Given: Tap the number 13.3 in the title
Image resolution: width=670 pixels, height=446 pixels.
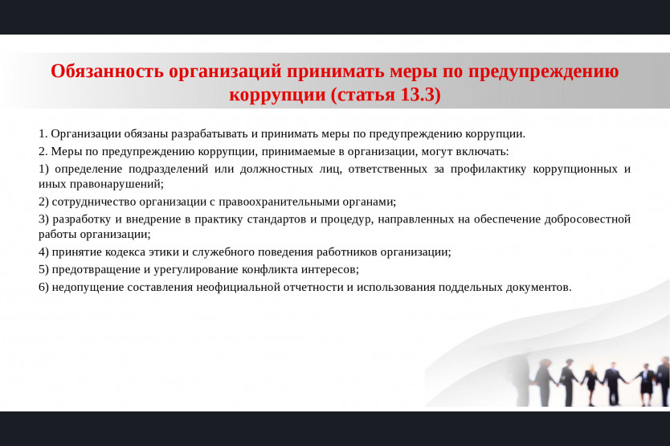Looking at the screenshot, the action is pyautogui.click(x=418, y=95).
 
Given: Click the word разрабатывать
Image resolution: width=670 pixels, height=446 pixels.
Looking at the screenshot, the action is pyautogui.click(x=210, y=134).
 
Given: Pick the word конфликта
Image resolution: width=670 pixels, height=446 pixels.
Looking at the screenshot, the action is pyautogui.click(x=270, y=270).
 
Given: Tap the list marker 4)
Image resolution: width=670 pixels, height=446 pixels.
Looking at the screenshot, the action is pyautogui.click(x=43, y=252).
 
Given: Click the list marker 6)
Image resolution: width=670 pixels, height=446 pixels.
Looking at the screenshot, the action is pyautogui.click(x=43, y=288).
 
